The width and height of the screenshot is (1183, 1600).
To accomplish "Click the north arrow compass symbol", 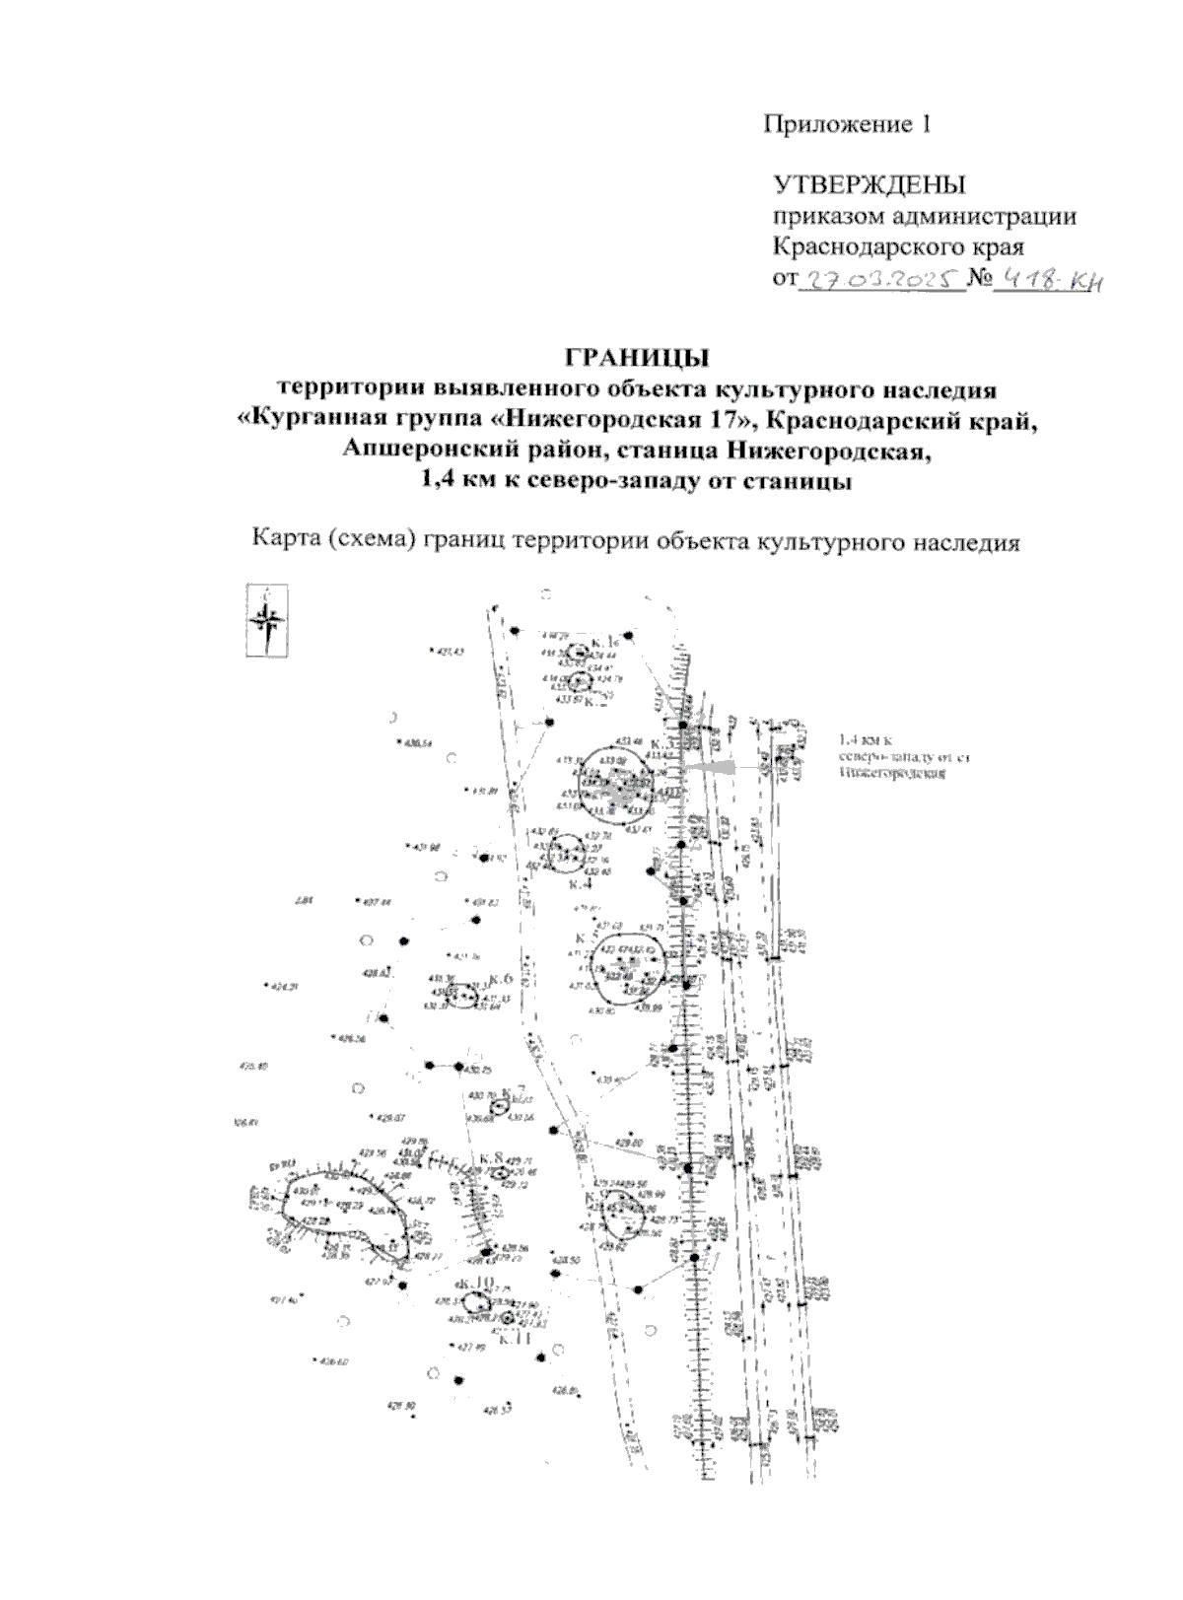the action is coord(266,620).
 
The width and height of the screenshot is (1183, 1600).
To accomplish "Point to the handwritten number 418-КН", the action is coord(1047,283).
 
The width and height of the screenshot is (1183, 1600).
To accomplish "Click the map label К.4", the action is coord(581,884).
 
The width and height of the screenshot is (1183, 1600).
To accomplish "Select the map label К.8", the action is coord(492,1156).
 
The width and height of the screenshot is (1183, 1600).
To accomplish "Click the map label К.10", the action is coord(475,1283).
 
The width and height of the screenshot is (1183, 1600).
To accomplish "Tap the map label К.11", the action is coord(515,1338).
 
